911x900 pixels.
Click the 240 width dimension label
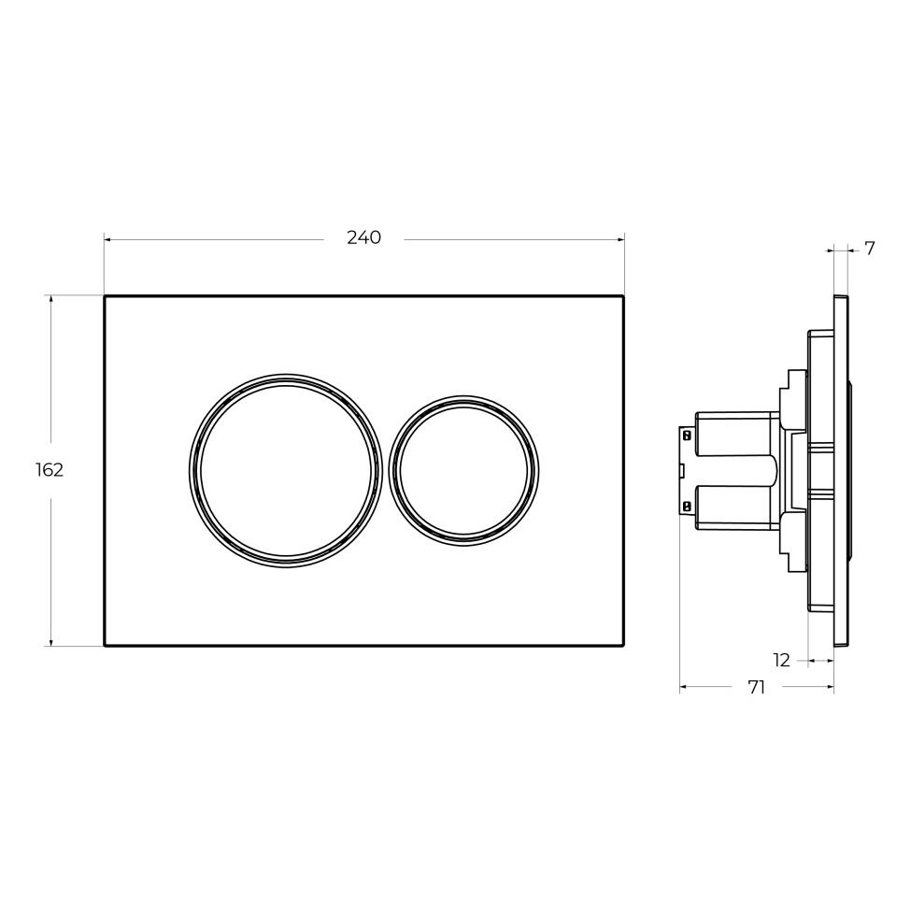363,237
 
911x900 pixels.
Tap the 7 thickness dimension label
870,249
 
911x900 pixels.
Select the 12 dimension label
782,660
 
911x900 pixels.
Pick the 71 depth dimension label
757,687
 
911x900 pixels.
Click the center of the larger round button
286,471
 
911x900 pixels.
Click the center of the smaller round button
463,471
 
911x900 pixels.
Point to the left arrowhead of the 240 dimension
108,239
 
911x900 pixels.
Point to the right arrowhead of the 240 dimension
620,239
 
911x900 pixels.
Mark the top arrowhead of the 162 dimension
51,300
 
